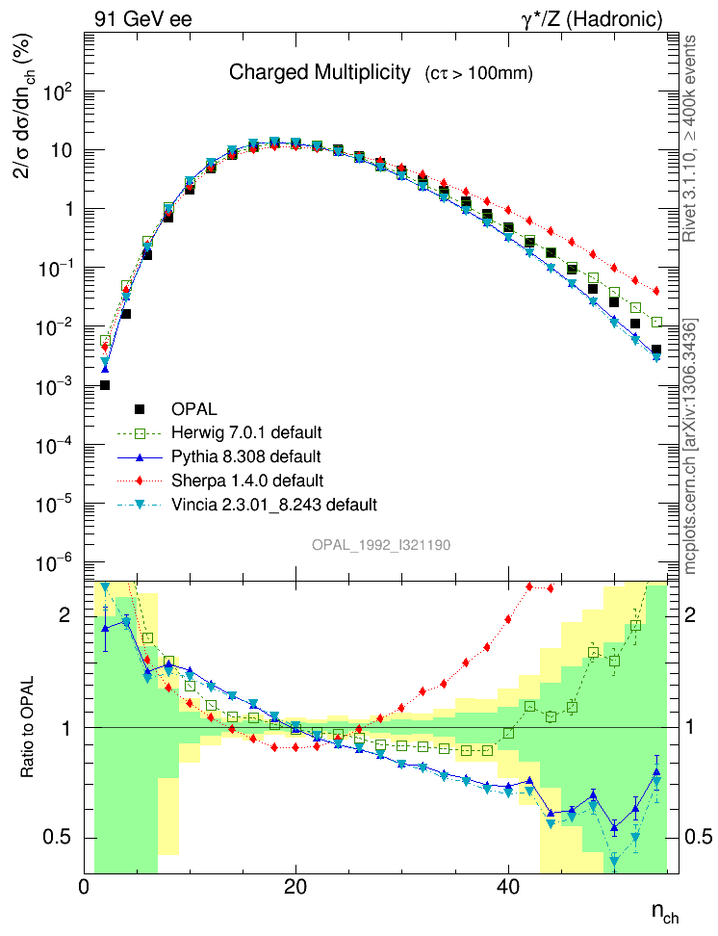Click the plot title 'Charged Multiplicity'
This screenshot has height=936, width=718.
point(320,73)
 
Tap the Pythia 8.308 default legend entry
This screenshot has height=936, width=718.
point(245,455)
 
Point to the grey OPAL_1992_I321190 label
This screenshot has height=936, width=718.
point(381,545)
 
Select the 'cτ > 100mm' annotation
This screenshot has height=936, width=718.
point(478,74)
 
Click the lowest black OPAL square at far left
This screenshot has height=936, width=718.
point(105,385)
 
